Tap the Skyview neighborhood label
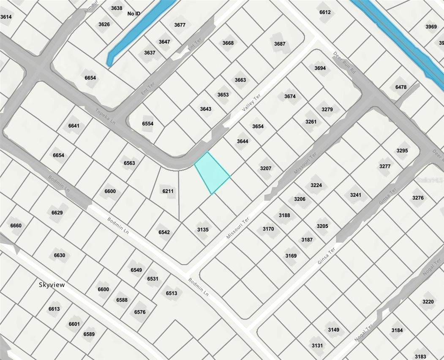click(x=52, y=285)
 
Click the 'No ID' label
click(x=134, y=14)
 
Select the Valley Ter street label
click(x=252, y=103)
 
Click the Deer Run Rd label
click(x=345, y=63)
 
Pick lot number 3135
click(x=203, y=230)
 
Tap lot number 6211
click(x=168, y=191)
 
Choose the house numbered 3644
click(x=242, y=141)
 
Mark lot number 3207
click(x=266, y=168)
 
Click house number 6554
click(x=147, y=124)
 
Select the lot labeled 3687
click(x=280, y=44)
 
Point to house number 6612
click(x=325, y=12)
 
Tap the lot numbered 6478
click(x=401, y=87)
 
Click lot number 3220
click(x=428, y=302)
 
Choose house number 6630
click(x=60, y=255)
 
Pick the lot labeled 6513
click(x=172, y=293)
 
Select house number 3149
click(x=333, y=330)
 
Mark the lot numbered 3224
click(x=316, y=185)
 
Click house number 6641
click(x=74, y=126)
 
